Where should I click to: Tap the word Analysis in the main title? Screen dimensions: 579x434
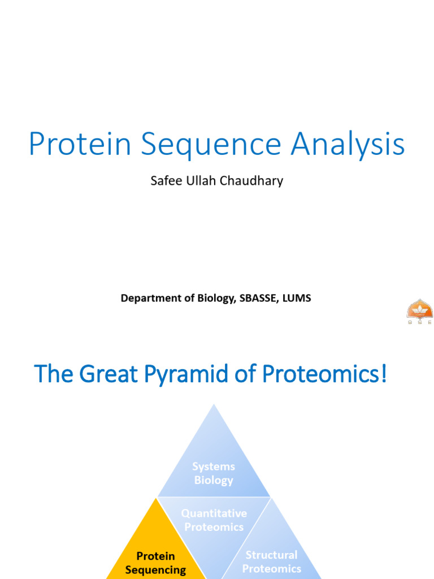click(x=348, y=145)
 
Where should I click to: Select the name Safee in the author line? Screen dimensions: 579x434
click(x=163, y=181)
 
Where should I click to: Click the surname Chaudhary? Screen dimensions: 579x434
click(x=252, y=182)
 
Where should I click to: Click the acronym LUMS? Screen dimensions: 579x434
click(x=296, y=298)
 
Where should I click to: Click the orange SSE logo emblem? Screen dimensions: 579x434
click(x=419, y=310)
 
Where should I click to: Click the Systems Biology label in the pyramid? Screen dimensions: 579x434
click(x=214, y=473)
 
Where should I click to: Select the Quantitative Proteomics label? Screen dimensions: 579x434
click(x=214, y=520)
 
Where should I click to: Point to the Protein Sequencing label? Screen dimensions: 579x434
click(x=155, y=563)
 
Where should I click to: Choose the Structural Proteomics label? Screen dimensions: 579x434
click(x=271, y=562)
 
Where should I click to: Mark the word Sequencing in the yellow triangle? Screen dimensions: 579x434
click(x=155, y=570)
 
